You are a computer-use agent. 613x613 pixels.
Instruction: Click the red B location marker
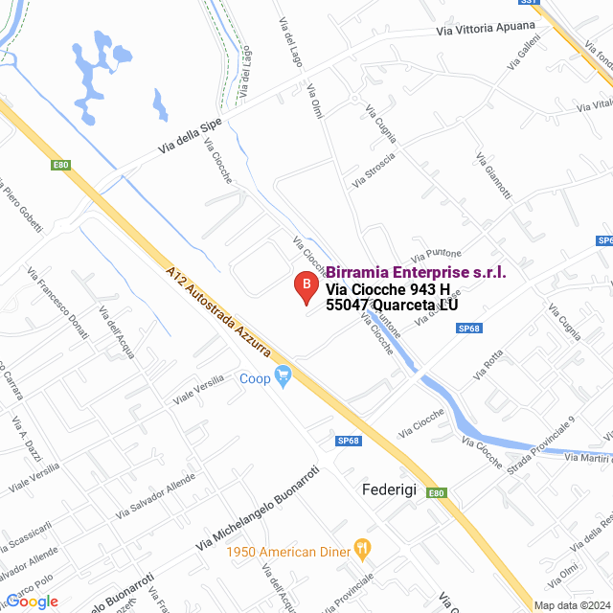(306, 284)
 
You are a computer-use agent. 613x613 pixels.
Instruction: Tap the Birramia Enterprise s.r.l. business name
(417, 273)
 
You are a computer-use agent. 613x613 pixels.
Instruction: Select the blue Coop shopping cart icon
(283, 376)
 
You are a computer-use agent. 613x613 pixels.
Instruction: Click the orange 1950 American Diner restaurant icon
(362, 549)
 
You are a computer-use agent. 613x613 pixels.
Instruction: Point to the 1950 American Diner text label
(286, 551)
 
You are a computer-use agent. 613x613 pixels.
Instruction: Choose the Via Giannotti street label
(494, 177)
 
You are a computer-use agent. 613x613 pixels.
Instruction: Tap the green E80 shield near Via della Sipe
(61, 165)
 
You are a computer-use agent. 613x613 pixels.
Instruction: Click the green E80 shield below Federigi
(436, 493)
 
